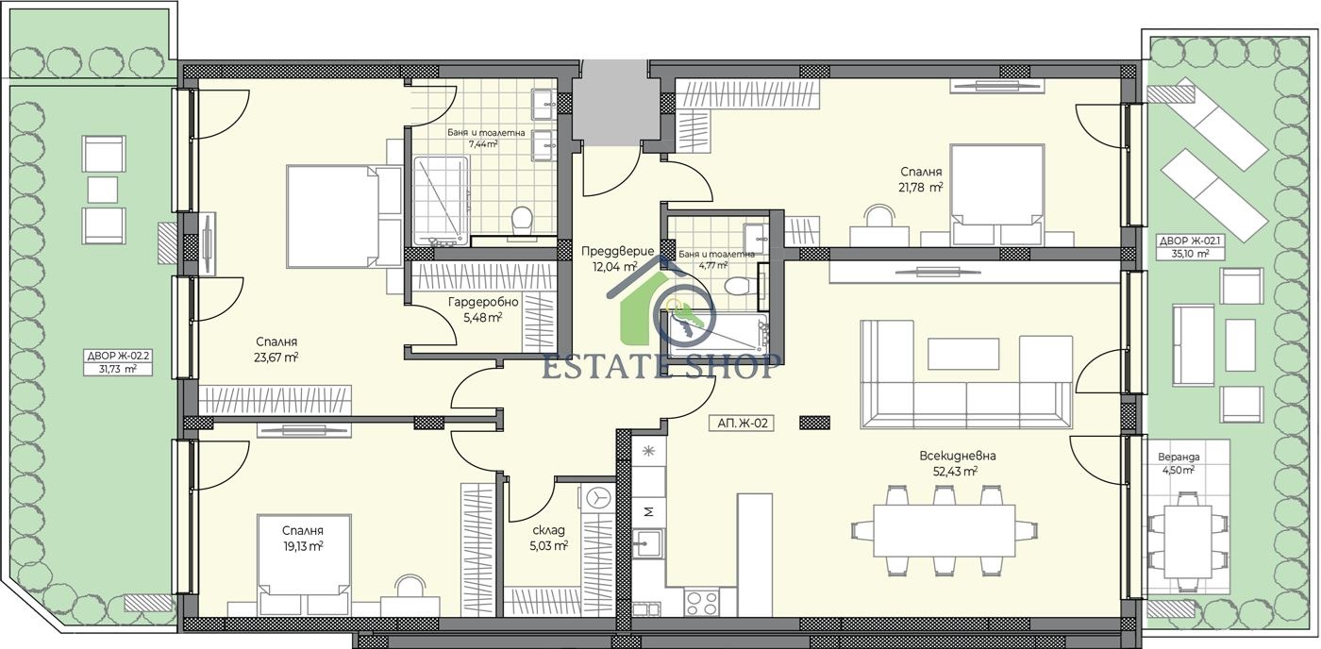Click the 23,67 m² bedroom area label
point(276,358)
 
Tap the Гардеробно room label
point(483,303)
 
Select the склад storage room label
point(548,530)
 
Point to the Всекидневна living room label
point(958,456)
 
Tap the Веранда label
point(1179,457)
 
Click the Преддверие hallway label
point(617,251)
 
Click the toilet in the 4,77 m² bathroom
point(737,287)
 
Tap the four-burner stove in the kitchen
point(701,603)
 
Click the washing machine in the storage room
point(598,498)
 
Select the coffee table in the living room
point(963,354)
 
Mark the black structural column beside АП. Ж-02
point(814,422)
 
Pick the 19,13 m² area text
point(303,546)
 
